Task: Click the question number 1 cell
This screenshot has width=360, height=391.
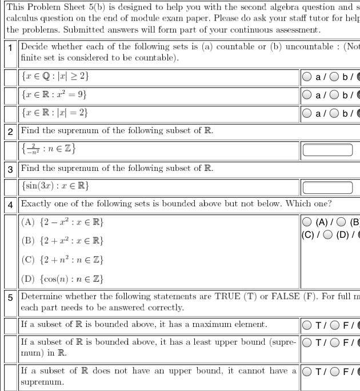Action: tap(10, 47)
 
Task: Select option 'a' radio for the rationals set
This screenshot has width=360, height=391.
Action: tap(307, 77)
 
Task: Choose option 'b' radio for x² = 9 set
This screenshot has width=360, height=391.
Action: tap(334, 95)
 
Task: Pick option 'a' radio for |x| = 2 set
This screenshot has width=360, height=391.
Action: tap(307, 113)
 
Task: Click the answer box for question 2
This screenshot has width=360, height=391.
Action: tap(327, 150)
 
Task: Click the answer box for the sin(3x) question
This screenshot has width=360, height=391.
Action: tap(327, 187)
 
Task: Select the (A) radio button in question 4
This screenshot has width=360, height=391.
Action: tap(307, 222)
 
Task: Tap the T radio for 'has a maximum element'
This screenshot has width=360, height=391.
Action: tap(307, 326)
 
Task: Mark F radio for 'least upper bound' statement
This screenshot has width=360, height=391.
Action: tap(334, 344)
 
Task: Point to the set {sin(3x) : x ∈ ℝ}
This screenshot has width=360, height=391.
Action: tap(55, 187)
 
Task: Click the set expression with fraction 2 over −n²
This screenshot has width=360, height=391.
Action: tap(49, 150)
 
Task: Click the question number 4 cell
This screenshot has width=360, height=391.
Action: tap(10, 204)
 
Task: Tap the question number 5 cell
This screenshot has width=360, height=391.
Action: tap(10, 297)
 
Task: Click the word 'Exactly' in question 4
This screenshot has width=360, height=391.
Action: tap(36, 204)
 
